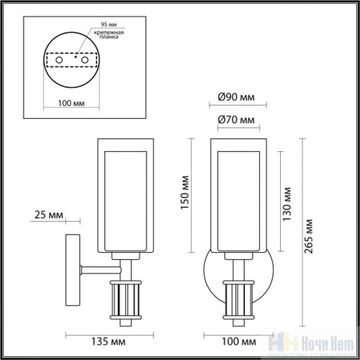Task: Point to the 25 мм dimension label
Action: [x=47, y=215]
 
